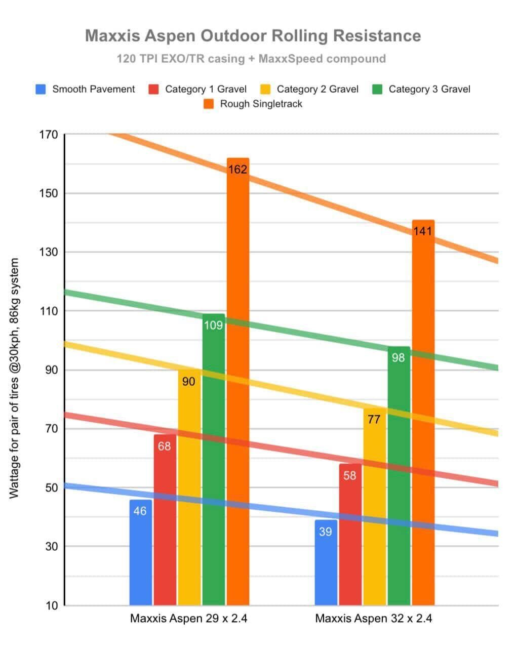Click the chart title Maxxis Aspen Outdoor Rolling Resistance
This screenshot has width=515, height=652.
coord(253,36)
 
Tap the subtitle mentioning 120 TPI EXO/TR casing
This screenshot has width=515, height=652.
coord(251,59)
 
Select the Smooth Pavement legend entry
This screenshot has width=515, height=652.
coord(86,90)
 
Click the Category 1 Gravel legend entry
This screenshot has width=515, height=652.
coord(198,90)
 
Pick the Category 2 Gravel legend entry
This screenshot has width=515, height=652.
coord(310,90)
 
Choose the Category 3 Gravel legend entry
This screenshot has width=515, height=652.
coord(422,90)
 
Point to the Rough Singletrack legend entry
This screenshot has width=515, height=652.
coord(253,104)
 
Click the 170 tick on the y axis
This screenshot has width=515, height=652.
coord(49,135)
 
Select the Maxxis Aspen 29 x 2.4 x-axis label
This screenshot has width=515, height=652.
coord(189,619)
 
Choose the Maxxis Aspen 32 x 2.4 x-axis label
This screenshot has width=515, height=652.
coord(374,619)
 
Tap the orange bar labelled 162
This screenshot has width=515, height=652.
coord(238,385)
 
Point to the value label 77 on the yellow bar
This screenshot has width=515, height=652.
coord(374,419)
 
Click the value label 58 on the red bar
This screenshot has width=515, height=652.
coord(350,476)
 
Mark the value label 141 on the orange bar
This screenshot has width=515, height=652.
coord(422,231)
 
